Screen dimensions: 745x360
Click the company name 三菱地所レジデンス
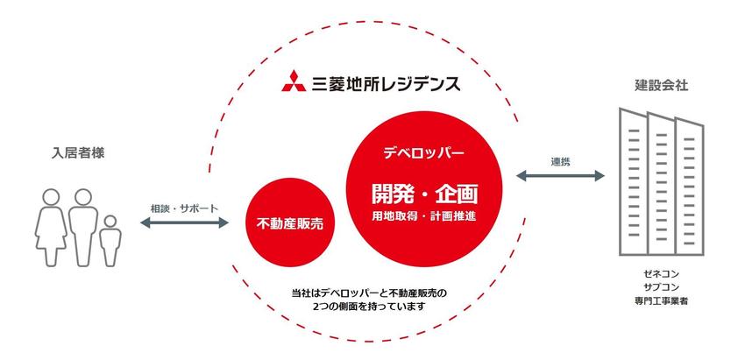(x=386, y=81)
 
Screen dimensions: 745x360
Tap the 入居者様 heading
(x=78, y=153)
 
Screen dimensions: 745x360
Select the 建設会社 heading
(x=662, y=85)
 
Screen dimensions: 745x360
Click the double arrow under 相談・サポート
(x=184, y=222)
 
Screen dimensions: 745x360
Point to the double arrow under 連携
(x=560, y=176)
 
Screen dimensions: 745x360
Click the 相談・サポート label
(x=184, y=208)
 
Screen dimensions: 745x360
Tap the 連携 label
(x=561, y=161)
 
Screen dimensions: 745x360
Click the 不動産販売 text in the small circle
(x=289, y=223)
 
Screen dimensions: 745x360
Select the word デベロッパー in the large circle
(x=424, y=153)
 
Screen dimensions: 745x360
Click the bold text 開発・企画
(x=424, y=194)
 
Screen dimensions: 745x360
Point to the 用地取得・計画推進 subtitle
(x=424, y=215)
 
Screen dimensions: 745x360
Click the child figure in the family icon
(x=110, y=240)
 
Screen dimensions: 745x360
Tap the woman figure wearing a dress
(x=50, y=228)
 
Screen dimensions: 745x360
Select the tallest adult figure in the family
(x=82, y=228)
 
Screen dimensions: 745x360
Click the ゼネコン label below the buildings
(x=662, y=274)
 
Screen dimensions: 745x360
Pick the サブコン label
(x=662, y=287)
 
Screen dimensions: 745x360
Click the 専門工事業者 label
(x=662, y=300)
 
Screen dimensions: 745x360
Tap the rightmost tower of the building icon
(x=690, y=187)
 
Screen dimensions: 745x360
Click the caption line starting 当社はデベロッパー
(x=370, y=293)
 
